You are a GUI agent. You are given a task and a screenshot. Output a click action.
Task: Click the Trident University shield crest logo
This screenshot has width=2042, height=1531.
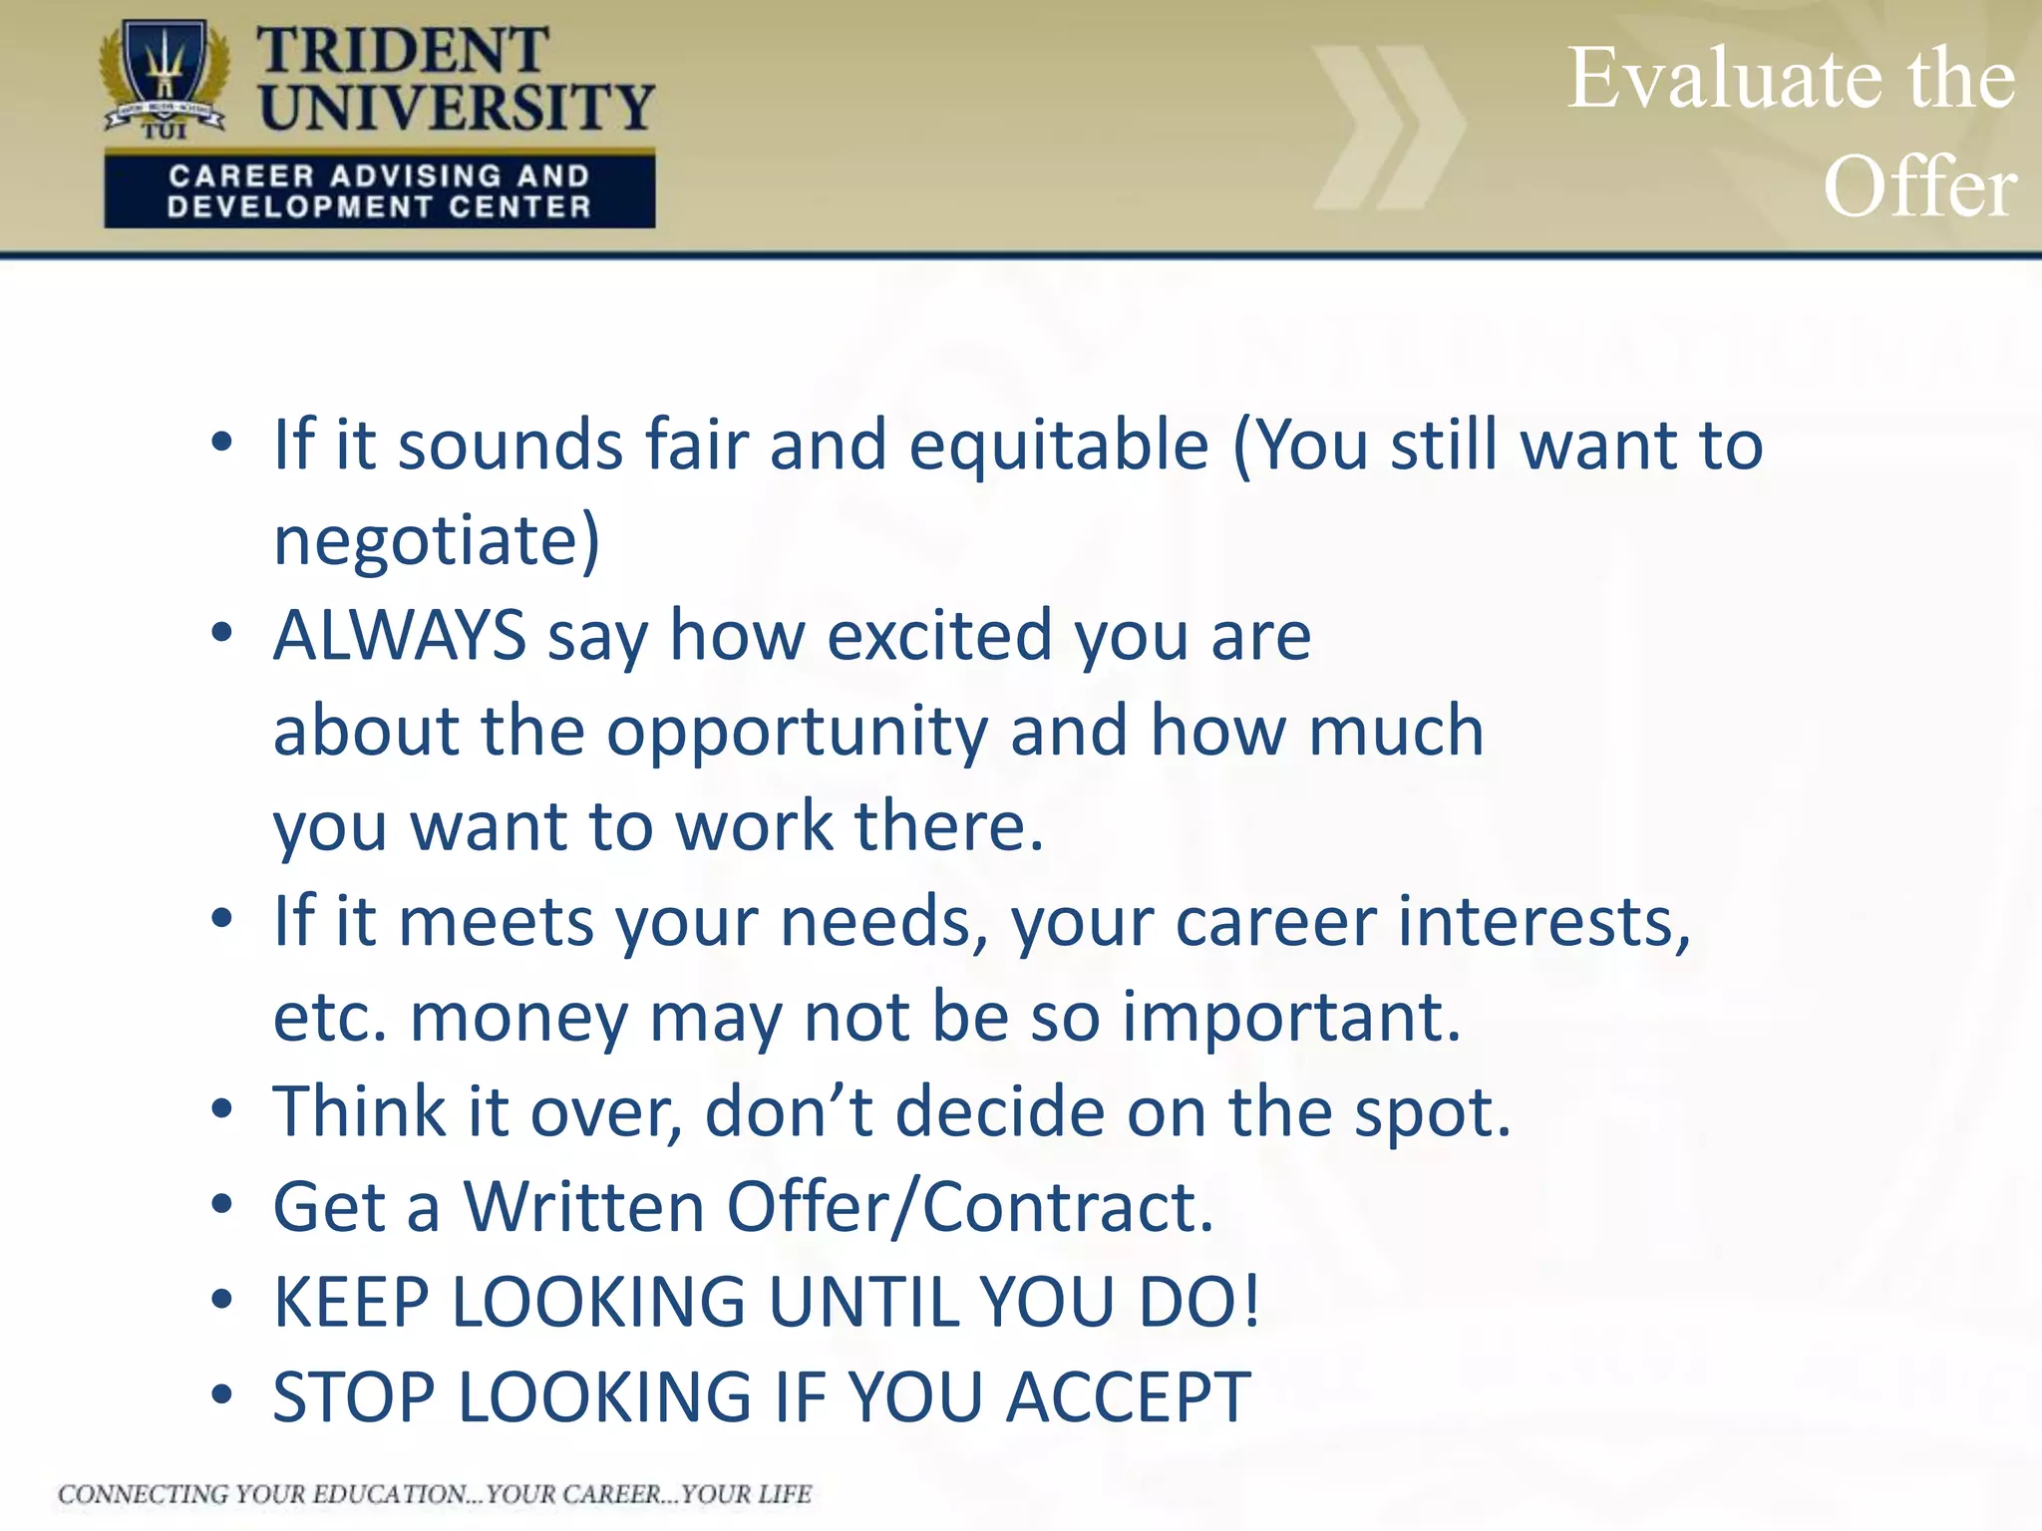pyautogui.click(x=165, y=78)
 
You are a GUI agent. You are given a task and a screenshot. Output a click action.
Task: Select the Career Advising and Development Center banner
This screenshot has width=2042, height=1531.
pyautogui.click(x=379, y=191)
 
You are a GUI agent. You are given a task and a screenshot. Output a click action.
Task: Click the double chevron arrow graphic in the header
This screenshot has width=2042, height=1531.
pyautogui.click(x=1389, y=128)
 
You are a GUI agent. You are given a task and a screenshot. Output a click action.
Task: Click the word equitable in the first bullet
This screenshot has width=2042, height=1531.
pyautogui.click(x=1059, y=445)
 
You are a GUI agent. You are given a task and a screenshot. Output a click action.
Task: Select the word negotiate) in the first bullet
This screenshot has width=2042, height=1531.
pyautogui.click(x=437, y=540)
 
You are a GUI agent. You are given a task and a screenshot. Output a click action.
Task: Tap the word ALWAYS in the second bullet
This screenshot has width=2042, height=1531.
pyautogui.click(x=400, y=635)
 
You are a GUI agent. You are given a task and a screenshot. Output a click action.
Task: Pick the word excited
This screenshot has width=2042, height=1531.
pyautogui.click(x=939, y=635)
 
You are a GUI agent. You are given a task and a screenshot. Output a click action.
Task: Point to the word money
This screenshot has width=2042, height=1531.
pyautogui.click(x=518, y=1017)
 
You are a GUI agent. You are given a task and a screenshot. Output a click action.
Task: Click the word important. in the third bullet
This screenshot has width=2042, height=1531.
pyautogui.click(x=1291, y=1017)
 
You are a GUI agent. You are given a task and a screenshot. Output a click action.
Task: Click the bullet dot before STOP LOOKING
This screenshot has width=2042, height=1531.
pyautogui.click(x=221, y=1394)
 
